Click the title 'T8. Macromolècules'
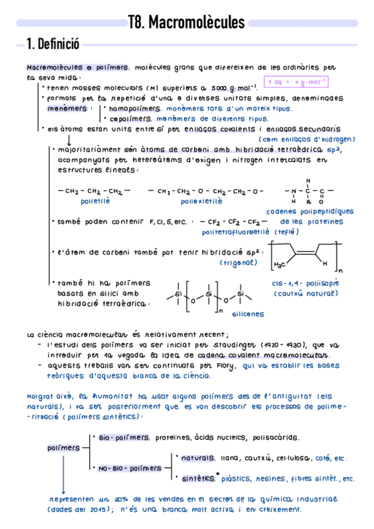click(x=186, y=24)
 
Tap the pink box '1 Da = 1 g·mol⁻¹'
click(x=297, y=82)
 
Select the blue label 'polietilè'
click(x=95, y=201)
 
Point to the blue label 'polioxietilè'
click(x=201, y=201)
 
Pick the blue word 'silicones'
click(x=247, y=314)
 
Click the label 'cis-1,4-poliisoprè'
click(x=297, y=283)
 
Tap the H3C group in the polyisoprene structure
click(x=283, y=264)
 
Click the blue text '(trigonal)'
click(x=239, y=263)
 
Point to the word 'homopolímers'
click(x=134, y=108)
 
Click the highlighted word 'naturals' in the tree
click(x=197, y=459)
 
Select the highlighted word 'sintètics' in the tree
click(x=197, y=479)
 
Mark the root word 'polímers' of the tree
click(x=64, y=448)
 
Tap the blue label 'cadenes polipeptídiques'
click(x=310, y=211)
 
